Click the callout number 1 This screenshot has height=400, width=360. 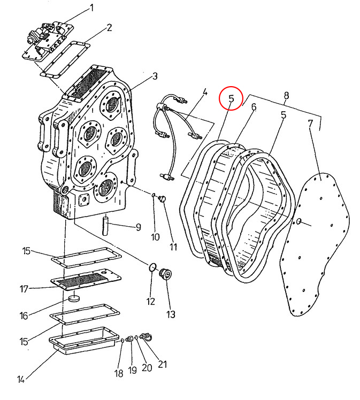91,8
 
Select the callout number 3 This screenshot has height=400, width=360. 155,76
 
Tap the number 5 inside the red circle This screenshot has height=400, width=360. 231,98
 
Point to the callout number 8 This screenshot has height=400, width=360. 286,96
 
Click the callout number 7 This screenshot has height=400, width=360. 310,124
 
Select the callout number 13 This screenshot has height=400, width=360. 171,314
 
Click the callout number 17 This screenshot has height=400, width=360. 24,289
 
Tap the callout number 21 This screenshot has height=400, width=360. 162,364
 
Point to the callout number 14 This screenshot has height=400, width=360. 21,380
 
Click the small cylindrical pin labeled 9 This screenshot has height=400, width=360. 105,226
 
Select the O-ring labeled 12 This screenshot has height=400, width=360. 152,267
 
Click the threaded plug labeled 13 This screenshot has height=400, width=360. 165,274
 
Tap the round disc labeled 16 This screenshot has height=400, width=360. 74,298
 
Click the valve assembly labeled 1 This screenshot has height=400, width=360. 49,41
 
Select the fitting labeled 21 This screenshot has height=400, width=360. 147,336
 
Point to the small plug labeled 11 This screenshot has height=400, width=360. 162,198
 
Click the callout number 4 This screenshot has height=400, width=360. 205,92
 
